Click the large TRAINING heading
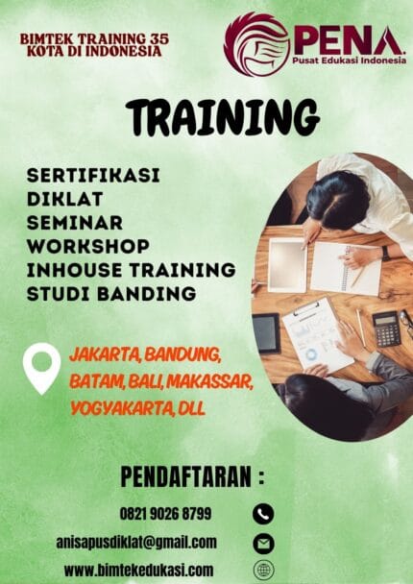pyautogui.click(x=222, y=117)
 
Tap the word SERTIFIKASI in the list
pyautogui.click(x=93, y=177)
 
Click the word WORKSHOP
pyautogui.click(x=87, y=246)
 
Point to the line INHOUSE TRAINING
pyautogui.click(x=131, y=269)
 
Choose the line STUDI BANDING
pyautogui.click(x=111, y=292)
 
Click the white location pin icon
pyautogui.click(x=41, y=368)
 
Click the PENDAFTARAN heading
pyautogui.click(x=192, y=476)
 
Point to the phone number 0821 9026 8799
pyautogui.click(x=165, y=514)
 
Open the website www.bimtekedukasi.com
pyautogui.click(x=138, y=570)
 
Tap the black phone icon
pyautogui.click(x=263, y=514)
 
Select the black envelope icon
pyautogui.click(x=263, y=543)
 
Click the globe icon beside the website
pyautogui.click(x=263, y=571)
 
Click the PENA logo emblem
pyautogui.click(x=256, y=43)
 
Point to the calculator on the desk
pyautogui.click(x=386, y=328)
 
